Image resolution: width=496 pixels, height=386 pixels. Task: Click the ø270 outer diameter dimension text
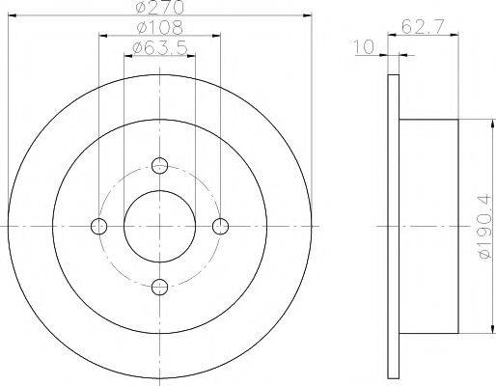[x=159, y=8]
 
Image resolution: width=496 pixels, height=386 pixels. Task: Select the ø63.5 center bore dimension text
[x=159, y=47]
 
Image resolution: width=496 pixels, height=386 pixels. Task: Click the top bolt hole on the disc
[x=160, y=165]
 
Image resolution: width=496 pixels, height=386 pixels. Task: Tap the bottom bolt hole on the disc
[x=160, y=286]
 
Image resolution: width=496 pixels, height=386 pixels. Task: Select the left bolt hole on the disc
[x=98, y=226]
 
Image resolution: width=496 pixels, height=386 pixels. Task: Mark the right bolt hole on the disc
[x=221, y=226]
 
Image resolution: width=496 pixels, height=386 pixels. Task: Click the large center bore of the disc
[x=160, y=226]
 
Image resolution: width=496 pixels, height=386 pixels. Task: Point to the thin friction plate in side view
[x=393, y=226]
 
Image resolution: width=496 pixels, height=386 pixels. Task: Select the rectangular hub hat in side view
[x=430, y=226]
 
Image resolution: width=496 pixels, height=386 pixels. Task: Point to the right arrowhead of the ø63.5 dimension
[x=192, y=55]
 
